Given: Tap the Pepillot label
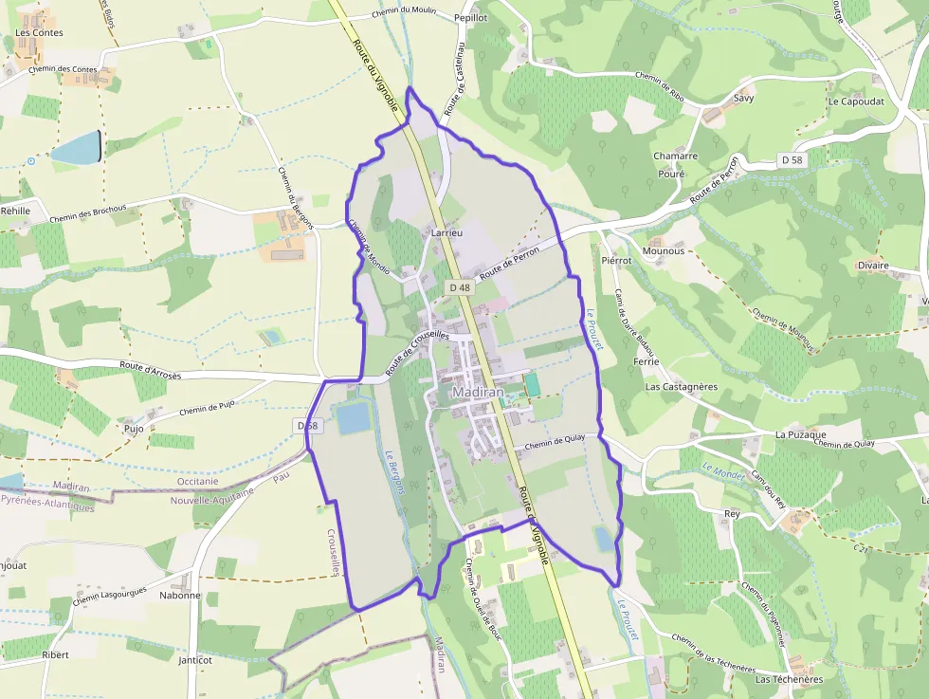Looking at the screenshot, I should [470, 18].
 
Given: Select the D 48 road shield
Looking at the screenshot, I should [460, 287].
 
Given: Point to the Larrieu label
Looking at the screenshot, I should [446, 231].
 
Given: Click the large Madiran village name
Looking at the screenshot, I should [478, 393].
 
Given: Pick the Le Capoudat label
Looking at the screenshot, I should [855, 101].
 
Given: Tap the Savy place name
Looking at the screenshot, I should [743, 98].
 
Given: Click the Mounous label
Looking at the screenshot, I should [663, 251].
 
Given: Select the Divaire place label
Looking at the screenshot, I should [873, 266].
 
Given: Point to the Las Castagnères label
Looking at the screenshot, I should [681, 387].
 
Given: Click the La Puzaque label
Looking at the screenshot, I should [795, 434].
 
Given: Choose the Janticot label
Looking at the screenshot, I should [195, 660].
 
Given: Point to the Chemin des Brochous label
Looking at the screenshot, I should [95, 215].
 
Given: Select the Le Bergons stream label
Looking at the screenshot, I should [395, 471].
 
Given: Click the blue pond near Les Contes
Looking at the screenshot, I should [76, 148].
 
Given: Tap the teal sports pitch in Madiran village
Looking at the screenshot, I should [532, 385].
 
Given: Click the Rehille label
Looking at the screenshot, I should [15, 211].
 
